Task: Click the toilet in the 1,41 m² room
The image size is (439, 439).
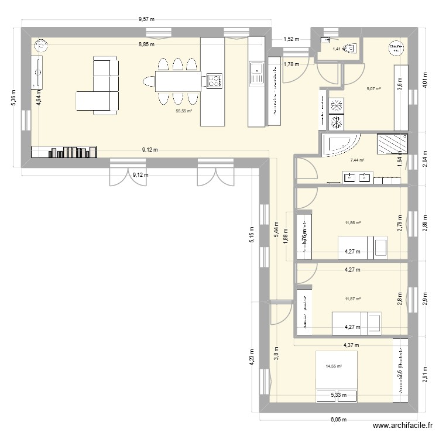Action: [349, 48]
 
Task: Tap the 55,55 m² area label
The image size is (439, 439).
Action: [183, 109]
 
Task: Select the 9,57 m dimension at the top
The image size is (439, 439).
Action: [146, 19]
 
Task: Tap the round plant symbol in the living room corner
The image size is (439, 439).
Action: [40, 45]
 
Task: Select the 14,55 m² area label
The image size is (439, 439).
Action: [333, 366]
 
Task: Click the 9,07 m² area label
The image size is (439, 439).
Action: [373, 89]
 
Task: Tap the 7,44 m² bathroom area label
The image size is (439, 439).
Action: [357, 160]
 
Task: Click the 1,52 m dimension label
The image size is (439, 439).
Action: [291, 39]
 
